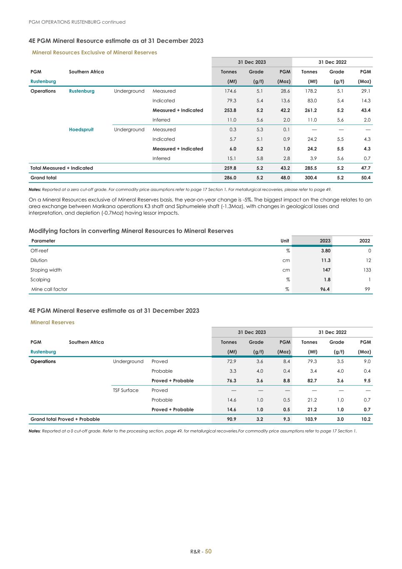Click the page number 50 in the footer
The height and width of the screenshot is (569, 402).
tap(208, 551)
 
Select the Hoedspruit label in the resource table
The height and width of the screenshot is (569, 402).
tap(81, 130)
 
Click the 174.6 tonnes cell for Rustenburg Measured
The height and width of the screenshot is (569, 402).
tap(230, 91)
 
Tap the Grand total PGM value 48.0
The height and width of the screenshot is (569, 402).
tap(285, 178)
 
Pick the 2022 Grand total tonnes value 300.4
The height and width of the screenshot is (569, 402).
tap(310, 178)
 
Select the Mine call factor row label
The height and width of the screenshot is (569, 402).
tap(49, 289)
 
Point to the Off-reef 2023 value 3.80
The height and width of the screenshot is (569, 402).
tap(325, 251)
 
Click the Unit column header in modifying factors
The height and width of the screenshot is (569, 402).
tap(285, 241)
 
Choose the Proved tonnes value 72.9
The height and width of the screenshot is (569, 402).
tap(230, 361)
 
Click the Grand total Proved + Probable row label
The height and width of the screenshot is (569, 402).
tap(65, 419)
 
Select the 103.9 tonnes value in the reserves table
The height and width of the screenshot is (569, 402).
tap(310, 419)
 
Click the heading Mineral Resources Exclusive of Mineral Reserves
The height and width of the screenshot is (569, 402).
tap(95, 53)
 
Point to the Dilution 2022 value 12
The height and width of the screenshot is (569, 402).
tap(368, 261)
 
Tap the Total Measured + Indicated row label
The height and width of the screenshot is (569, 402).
tap(62, 168)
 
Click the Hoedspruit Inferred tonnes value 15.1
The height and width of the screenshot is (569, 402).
tap(230, 158)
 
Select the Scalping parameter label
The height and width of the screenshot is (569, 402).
tap(40, 280)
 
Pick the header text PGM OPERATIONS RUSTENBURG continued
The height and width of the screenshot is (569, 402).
tap(77, 22)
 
